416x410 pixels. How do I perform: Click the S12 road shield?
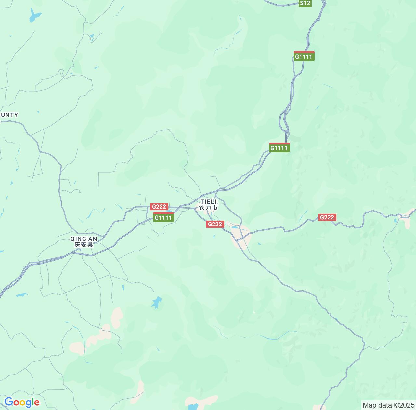click(305, 3)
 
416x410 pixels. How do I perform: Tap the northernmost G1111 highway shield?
click(304, 56)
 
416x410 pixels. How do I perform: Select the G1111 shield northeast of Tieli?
click(279, 148)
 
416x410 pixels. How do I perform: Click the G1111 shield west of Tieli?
click(163, 217)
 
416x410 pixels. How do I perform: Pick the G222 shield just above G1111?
click(159, 207)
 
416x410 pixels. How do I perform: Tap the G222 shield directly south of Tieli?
click(215, 224)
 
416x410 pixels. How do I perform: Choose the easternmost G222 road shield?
click(327, 217)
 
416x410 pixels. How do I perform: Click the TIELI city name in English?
click(208, 202)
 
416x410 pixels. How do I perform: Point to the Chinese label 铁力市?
click(208, 208)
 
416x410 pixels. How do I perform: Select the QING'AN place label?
click(84, 239)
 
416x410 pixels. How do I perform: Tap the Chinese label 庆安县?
click(84, 245)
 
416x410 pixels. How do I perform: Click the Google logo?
click(22, 402)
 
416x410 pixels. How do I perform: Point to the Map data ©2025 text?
click(389, 405)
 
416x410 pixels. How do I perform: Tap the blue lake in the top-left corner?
click(34, 15)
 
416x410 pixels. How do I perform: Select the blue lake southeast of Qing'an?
click(157, 302)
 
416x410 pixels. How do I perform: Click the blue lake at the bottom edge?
click(193, 407)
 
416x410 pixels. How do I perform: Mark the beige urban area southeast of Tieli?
click(241, 236)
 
